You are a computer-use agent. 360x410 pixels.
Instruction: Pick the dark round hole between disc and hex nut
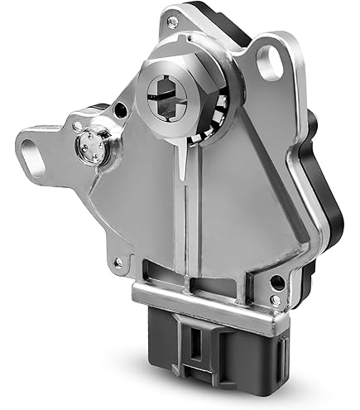coord(121,109)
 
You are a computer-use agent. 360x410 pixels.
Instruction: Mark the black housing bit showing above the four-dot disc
coord(97,110)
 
